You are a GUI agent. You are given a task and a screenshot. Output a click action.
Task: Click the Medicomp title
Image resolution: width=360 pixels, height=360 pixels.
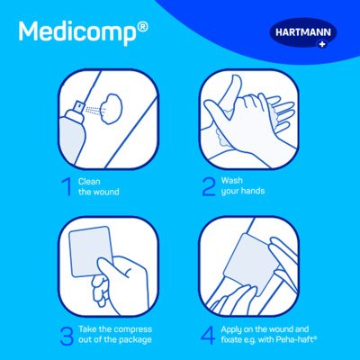[x=78, y=32]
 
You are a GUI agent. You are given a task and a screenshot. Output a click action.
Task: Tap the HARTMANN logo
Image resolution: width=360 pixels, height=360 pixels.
[x=303, y=33]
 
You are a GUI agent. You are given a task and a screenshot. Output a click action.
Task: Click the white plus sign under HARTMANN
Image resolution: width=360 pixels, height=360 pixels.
[x=322, y=45]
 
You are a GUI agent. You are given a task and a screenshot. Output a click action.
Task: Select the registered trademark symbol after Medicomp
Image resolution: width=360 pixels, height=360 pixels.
[x=144, y=26]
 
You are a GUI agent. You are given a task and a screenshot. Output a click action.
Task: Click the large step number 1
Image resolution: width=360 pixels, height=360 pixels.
[x=67, y=186]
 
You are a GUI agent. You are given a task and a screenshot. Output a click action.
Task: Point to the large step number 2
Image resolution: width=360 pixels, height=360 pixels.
[x=209, y=186]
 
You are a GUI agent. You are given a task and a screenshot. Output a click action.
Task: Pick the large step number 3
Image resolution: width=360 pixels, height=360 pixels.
[x=67, y=336]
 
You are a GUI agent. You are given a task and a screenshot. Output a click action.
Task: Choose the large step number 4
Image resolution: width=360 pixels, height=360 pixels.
[x=208, y=335]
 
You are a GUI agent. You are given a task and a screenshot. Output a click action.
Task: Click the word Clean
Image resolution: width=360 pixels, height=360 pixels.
[x=89, y=182]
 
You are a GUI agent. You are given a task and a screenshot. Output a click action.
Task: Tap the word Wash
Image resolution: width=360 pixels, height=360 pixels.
[x=231, y=181]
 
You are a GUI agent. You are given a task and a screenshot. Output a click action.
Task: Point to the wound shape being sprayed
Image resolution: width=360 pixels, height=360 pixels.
[x=112, y=108]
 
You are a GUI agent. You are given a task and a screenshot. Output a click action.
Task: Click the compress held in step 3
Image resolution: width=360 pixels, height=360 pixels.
[x=91, y=251]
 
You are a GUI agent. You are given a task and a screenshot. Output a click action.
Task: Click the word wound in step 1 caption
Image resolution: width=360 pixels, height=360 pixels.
[x=107, y=192]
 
